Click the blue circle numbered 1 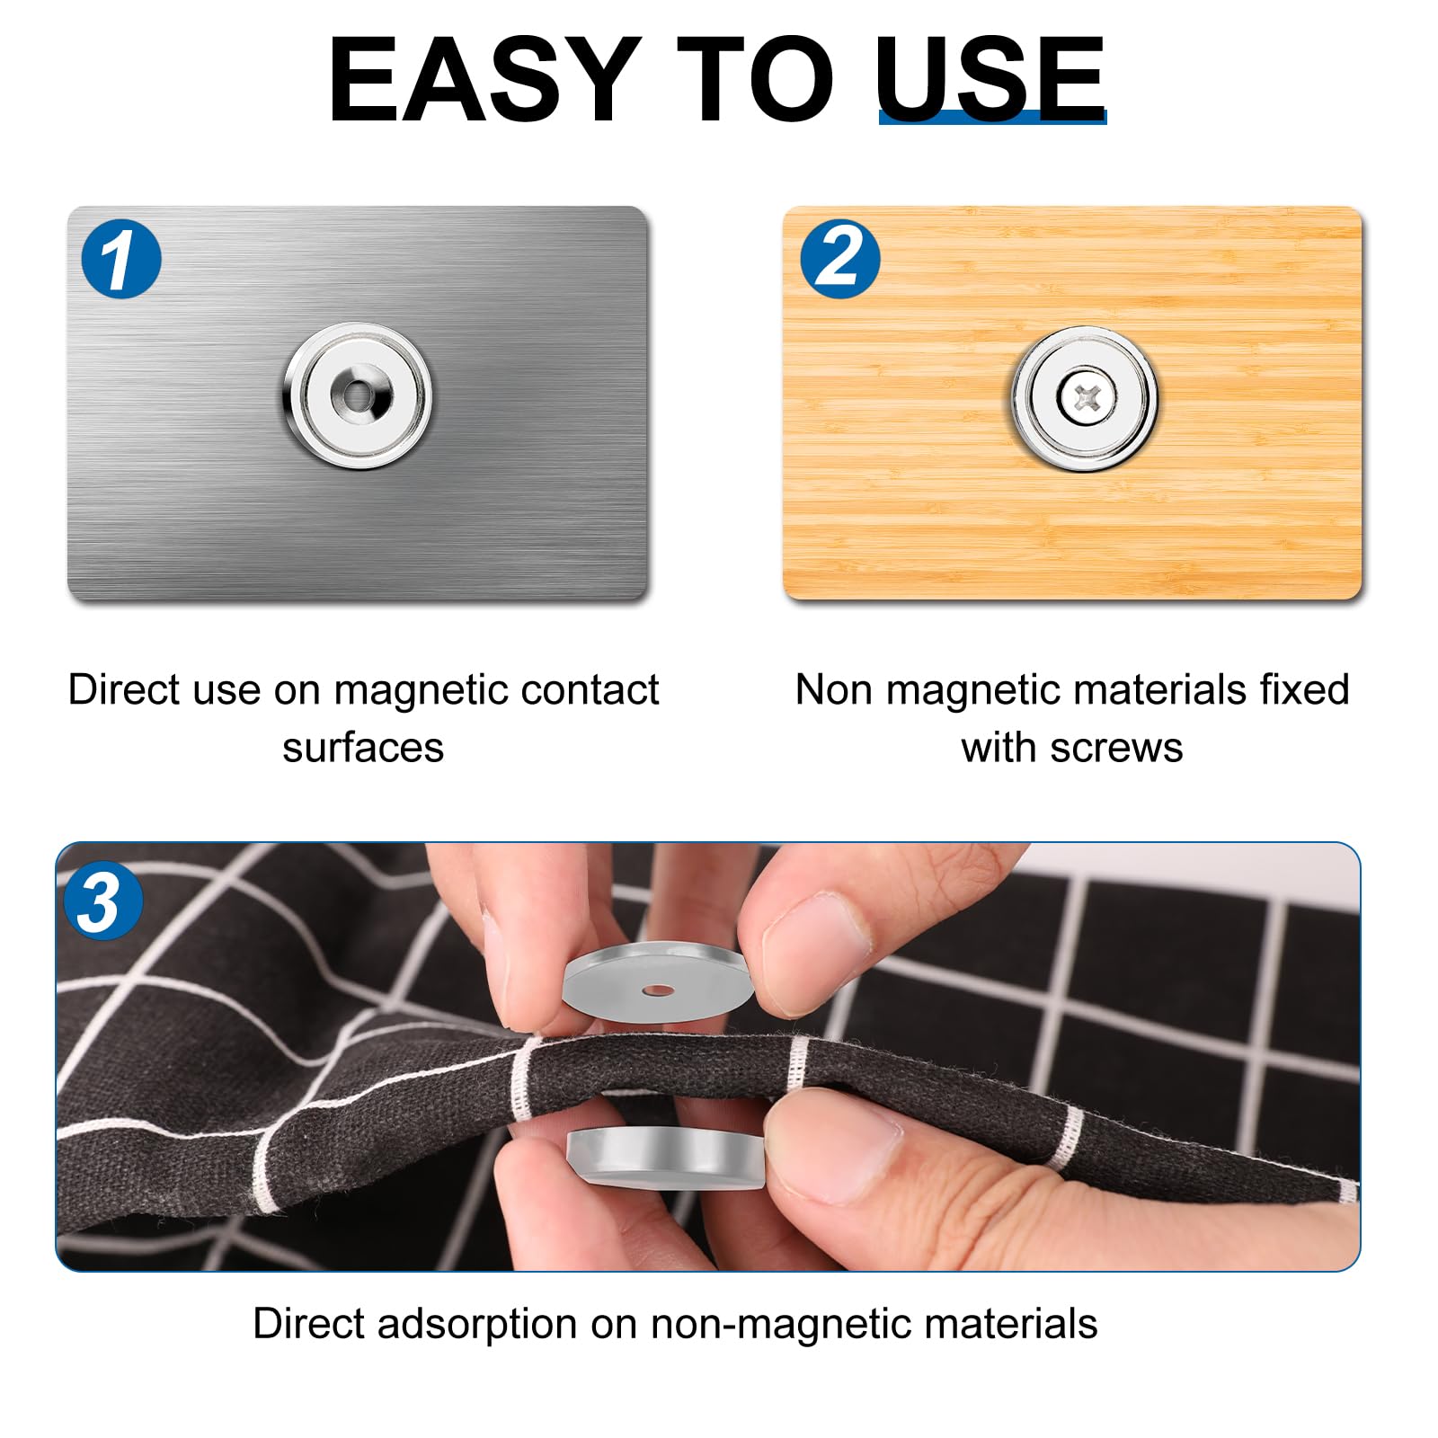coord(121,259)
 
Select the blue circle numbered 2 coord(840,259)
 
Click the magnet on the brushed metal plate coord(358,395)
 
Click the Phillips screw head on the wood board coord(1087,397)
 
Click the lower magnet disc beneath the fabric coord(665,1159)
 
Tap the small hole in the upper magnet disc coord(658,990)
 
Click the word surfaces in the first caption coord(363,748)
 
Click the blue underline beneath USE coord(992,117)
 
